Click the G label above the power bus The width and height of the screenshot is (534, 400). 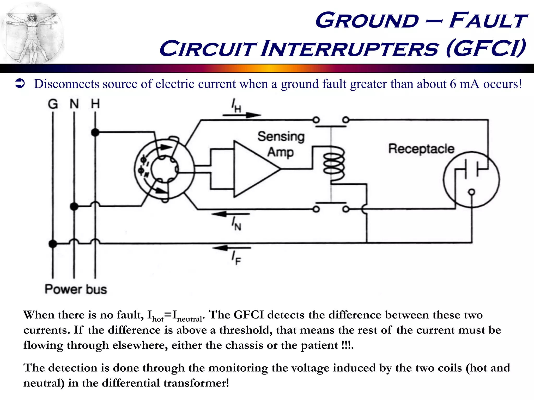pos(53,104)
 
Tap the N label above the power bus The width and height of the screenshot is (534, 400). pos(74,104)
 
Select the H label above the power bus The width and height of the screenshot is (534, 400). pos(95,104)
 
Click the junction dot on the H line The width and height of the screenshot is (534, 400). pos(95,132)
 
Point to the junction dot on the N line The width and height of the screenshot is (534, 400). pos(74,207)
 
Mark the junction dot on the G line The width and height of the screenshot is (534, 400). pos(53,244)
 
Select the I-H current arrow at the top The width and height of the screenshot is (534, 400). pos(241,115)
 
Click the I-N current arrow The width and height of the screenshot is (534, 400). pos(231,214)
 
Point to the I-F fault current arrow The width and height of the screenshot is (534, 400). pos(232,248)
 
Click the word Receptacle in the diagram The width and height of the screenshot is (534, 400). pos(421,149)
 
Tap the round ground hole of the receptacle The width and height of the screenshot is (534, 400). pos(471,192)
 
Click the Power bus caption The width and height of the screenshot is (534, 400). pos(76,289)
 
